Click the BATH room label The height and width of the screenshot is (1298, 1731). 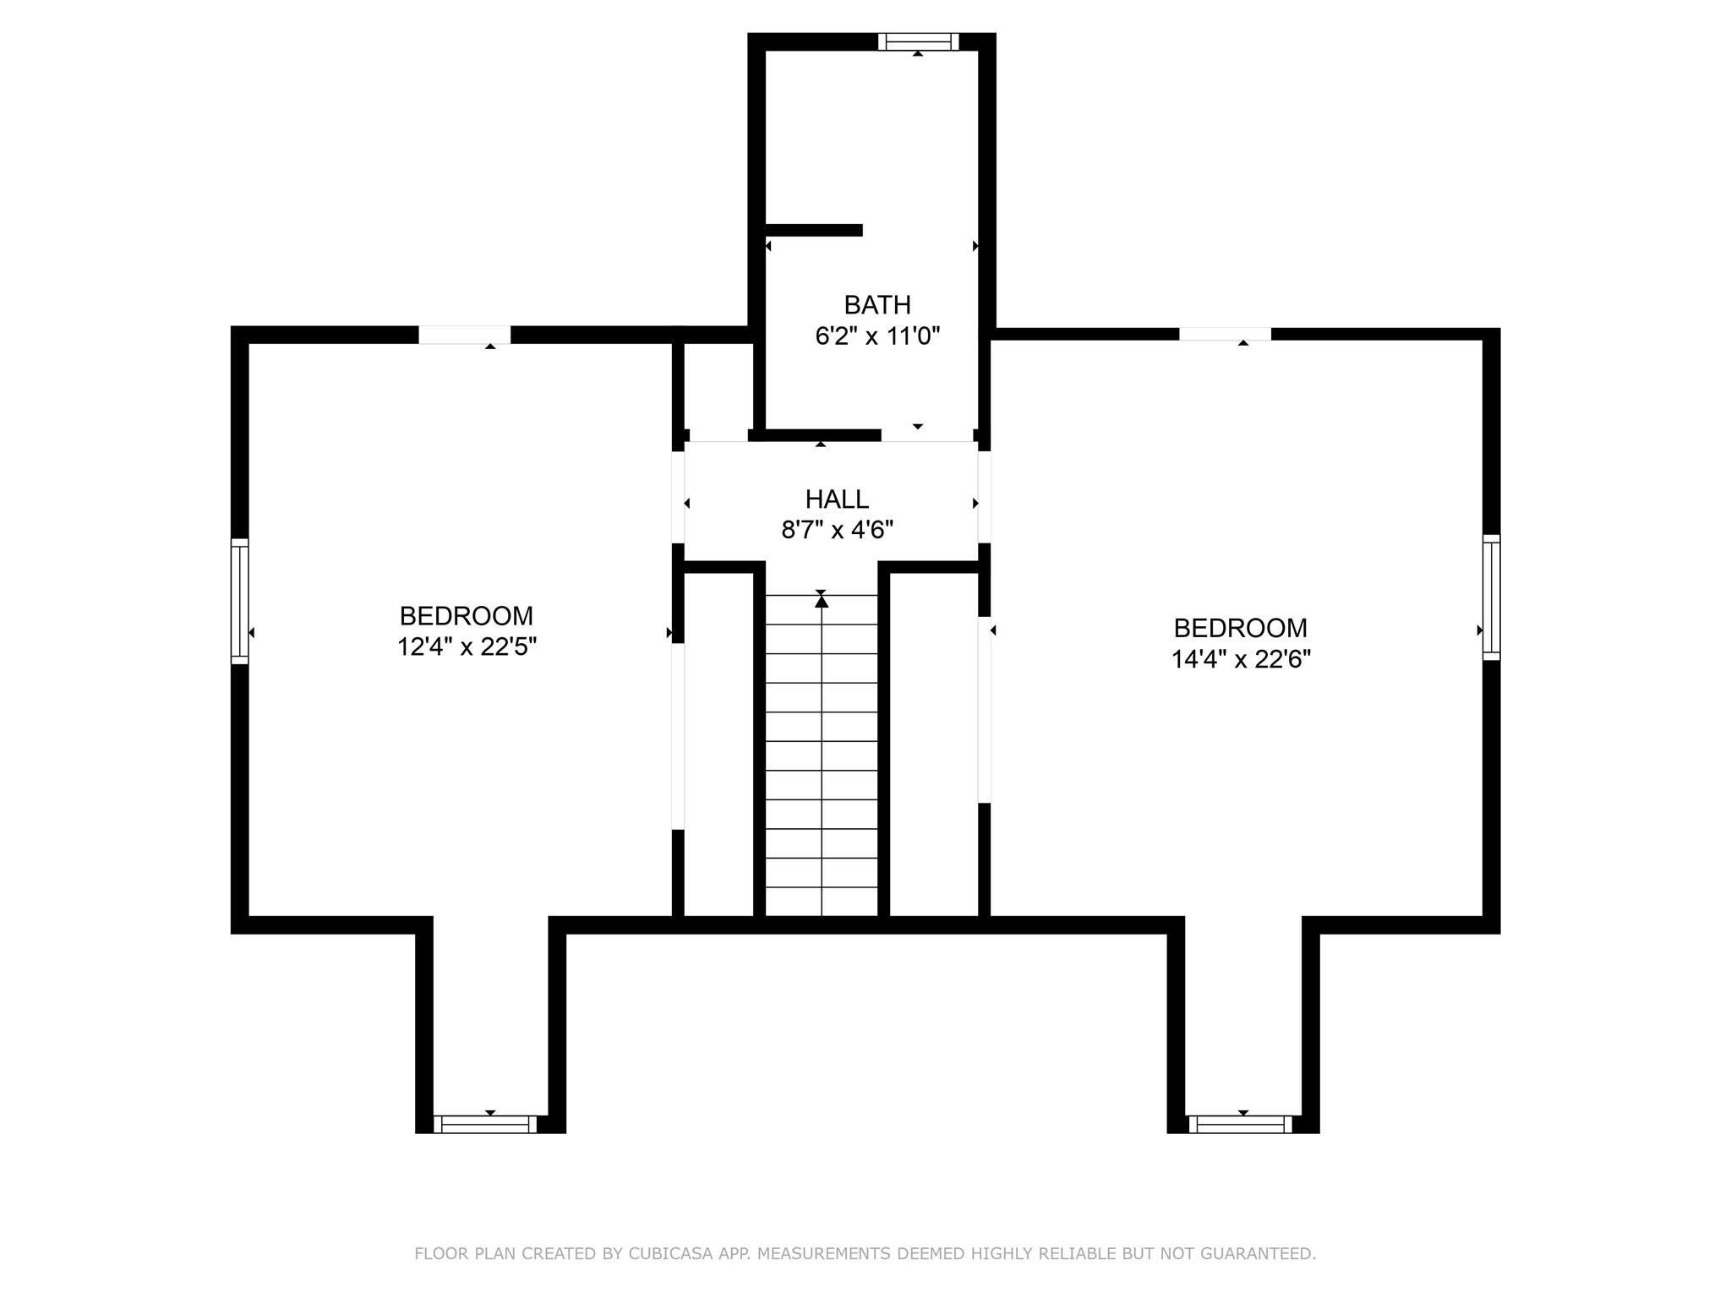coord(877,304)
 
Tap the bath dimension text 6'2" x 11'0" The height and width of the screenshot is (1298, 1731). coord(877,336)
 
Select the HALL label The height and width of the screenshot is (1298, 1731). coord(837,499)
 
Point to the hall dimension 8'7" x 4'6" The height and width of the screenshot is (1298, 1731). coord(837,530)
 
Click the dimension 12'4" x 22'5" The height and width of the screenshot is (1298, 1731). coord(467,646)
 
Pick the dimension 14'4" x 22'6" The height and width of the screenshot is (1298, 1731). coord(1240,659)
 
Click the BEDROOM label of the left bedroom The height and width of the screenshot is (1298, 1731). coord(467,615)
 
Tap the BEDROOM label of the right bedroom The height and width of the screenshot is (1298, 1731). coord(1240,628)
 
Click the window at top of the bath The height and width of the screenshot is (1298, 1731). coord(918,41)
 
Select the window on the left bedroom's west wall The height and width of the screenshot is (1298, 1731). coord(240,601)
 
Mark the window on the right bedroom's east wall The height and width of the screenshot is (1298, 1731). coord(1491,597)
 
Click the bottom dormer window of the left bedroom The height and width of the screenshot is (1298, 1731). coord(485,1124)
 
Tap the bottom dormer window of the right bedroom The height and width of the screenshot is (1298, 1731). coord(1240,1124)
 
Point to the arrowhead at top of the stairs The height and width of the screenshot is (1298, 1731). coord(822,601)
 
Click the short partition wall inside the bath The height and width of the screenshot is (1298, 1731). coord(813,230)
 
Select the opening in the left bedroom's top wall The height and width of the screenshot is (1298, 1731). coord(465,335)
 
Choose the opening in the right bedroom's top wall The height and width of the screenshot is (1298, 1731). coord(1225,335)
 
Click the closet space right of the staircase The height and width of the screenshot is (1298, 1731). coord(934,744)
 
